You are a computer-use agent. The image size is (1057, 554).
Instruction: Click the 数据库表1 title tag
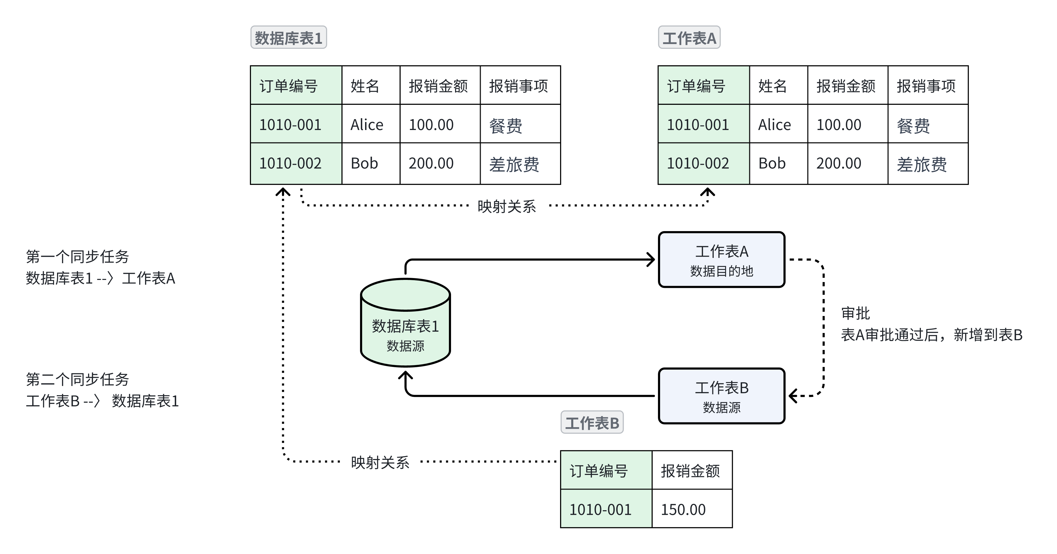click(x=288, y=38)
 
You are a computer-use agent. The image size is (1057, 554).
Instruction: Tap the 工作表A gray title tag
click(x=689, y=38)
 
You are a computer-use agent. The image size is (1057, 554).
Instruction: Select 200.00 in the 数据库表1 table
click(x=439, y=163)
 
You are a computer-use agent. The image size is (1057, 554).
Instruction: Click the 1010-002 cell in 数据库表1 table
click(x=296, y=163)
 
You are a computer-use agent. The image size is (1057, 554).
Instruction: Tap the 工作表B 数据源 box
click(x=721, y=396)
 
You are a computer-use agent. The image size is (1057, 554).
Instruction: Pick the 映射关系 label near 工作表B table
click(x=380, y=462)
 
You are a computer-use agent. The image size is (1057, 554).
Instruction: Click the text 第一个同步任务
click(x=77, y=257)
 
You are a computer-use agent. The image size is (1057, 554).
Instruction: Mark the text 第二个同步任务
click(x=77, y=379)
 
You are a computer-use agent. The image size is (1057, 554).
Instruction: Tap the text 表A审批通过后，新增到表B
click(x=932, y=335)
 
